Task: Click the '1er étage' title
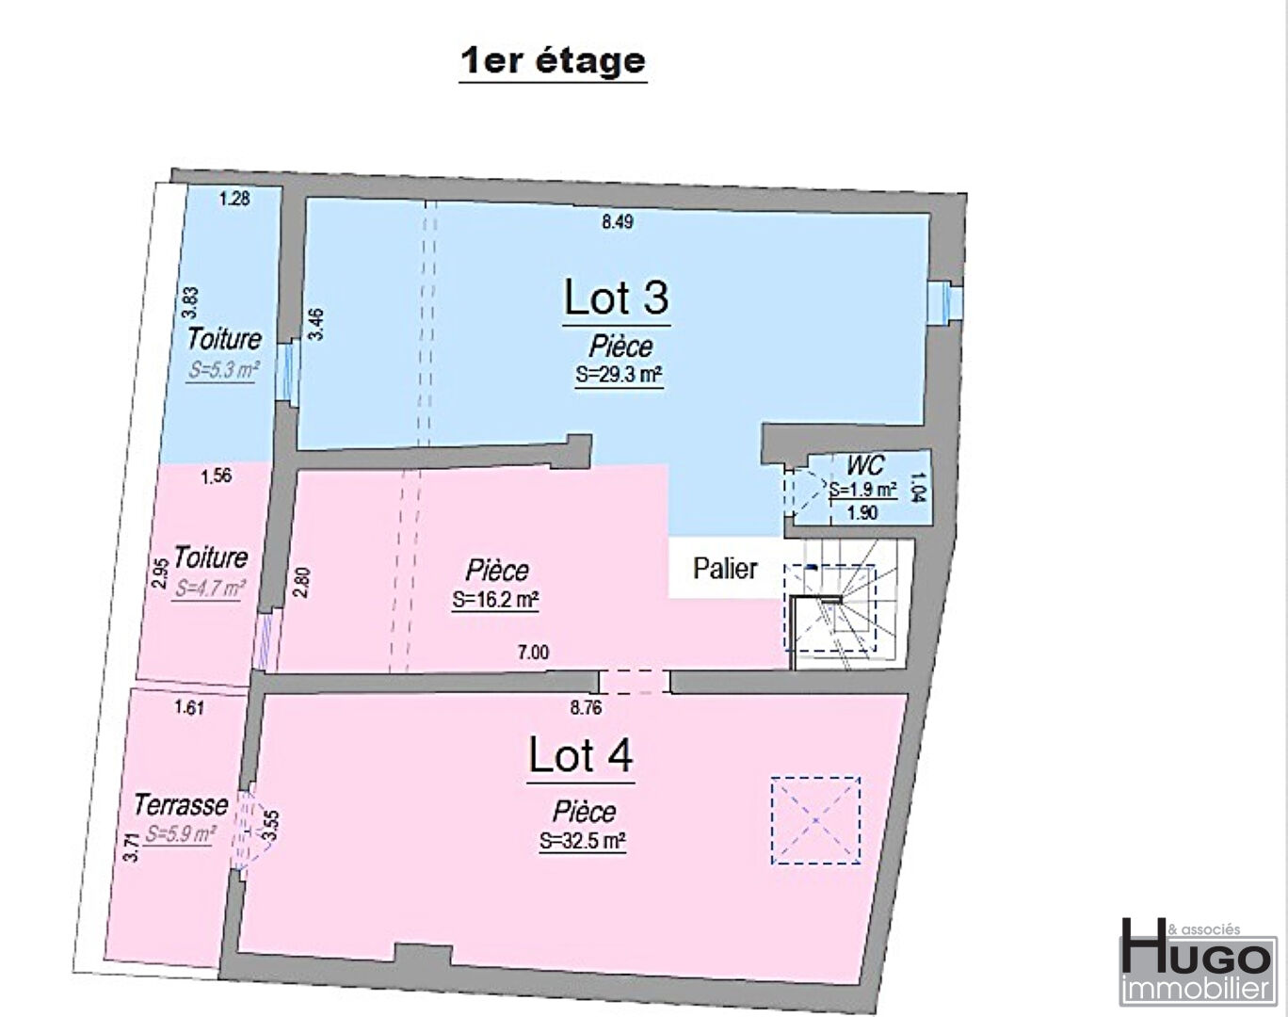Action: coord(553,61)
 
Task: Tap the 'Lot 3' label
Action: coord(616,298)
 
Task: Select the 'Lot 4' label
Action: coord(580,755)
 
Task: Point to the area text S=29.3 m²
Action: coord(619,376)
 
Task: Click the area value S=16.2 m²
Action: coord(495,599)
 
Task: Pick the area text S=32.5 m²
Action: coord(583,841)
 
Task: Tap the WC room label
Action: coord(865,464)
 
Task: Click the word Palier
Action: coord(725,569)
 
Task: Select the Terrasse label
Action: coord(181,806)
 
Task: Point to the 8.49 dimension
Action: coord(618,222)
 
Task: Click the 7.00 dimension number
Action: coord(533,652)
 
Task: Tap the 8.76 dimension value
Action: coord(586,708)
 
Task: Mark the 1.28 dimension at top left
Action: coord(234,198)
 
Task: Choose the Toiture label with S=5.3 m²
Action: coord(224,339)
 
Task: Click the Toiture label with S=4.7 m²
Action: coord(211,557)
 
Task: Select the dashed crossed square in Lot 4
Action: coord(815,821)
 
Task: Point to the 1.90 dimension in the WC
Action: coord(862,513)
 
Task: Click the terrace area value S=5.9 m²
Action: coord(180,833)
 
